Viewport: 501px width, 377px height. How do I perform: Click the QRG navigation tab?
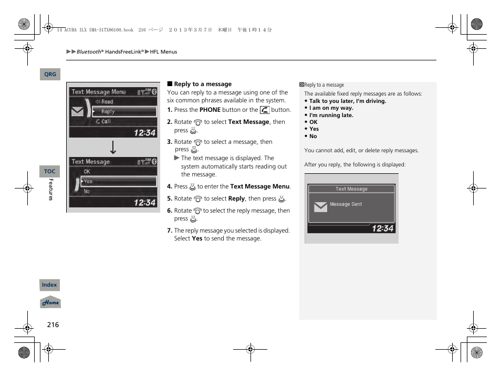[x=50, y=75]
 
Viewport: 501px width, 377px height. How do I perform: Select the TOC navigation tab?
[x=50, y=172]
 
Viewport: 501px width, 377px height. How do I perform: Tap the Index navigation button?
[x=49, y=285]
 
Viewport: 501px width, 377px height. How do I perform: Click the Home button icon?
[x=50, y=303]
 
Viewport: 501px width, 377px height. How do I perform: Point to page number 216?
[x=53, y=324]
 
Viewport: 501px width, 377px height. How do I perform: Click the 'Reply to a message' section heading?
[x=202, y=84]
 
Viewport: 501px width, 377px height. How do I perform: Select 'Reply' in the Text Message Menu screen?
[x=108, y=112]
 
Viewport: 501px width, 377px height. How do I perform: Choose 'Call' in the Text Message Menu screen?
[x=106, y=121]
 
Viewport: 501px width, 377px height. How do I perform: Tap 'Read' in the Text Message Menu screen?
[x=107, y=102]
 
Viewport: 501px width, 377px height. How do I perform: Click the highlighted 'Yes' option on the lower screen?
[x=88, y=181]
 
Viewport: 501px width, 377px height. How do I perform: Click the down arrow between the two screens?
[x=112, y=148]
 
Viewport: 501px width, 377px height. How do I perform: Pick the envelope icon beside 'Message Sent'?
[x=320, y=207]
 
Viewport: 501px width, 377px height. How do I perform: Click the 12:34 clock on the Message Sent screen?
[x=382, y=228]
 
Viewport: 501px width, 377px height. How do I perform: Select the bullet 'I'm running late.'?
[x=331, y=115]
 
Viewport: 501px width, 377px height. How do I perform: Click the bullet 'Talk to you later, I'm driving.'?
[x=347, y=101]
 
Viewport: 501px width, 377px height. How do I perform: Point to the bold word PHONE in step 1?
[x=210, y=110]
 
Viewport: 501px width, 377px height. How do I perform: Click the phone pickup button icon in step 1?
[x=265, y=110]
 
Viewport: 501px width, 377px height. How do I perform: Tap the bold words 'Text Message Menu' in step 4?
[x=259, y=186]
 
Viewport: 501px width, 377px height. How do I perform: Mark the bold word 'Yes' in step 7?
[x=197, y=238]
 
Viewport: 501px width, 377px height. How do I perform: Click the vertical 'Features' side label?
[x=51, y=190]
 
